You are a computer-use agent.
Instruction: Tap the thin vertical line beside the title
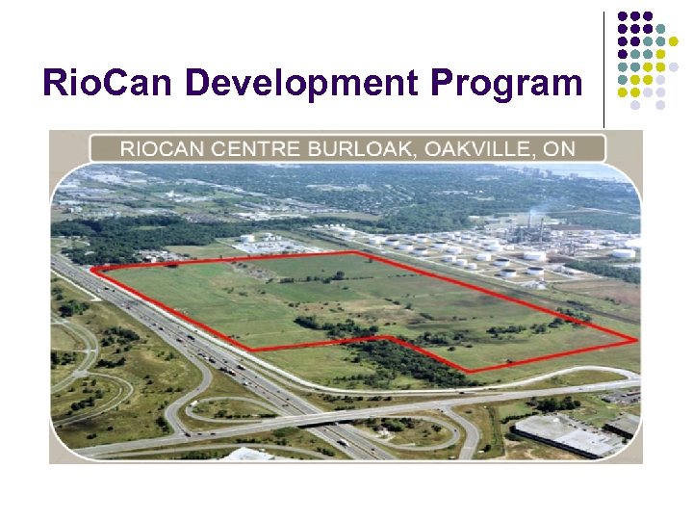click(x=603, y=67)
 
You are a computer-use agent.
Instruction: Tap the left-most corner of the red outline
click(x=93, y=269)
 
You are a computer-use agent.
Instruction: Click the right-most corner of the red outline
click(x=635, y=339)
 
